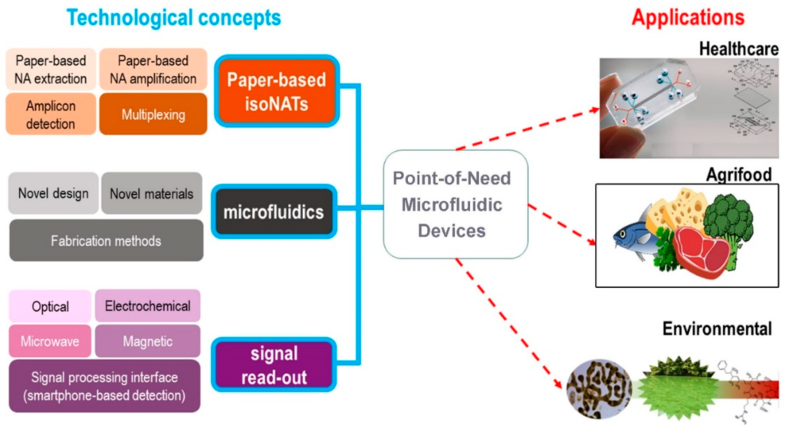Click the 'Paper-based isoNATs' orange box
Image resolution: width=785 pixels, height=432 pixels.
[276, 90]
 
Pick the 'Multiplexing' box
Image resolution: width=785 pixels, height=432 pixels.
[153, 114]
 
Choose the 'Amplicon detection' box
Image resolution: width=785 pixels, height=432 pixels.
[51, 114]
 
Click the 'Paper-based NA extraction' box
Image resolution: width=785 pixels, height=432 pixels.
[51, 69]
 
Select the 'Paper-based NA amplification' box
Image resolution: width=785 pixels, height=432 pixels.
[153, 69]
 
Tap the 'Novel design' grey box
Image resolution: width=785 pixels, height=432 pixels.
[54, 193]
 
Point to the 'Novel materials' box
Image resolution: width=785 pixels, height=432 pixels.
[152, 193]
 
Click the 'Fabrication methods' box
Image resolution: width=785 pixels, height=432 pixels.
[106, 241]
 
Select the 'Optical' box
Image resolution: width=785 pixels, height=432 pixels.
[51, 306]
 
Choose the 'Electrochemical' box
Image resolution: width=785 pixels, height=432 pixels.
[147, 305]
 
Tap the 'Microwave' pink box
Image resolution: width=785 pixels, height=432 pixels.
[51, 341]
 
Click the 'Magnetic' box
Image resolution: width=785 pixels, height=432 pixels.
[147, 341]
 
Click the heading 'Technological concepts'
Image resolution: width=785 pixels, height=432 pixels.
[173, 18]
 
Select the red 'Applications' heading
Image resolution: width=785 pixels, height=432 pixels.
[688, 18]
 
